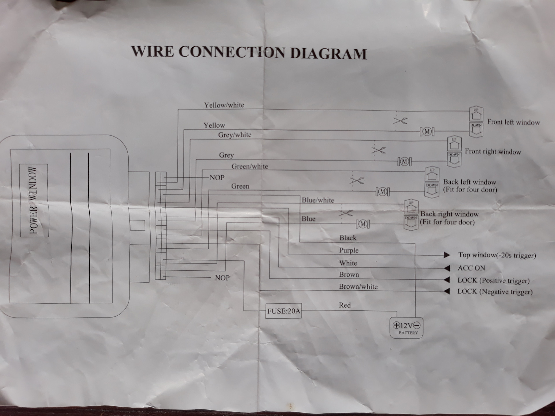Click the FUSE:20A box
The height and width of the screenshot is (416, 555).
pyautogui.click(x=284, y=311)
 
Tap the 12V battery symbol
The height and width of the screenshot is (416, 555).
pyautogui.click(x=406, y=328)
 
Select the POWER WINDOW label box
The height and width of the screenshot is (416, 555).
pyautogui.click(x=34, y=200)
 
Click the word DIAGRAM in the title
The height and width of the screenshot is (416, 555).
pyautogui.click(x=328, y=54)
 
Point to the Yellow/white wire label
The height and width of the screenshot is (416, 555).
pyautogui.click(x=224, y=105)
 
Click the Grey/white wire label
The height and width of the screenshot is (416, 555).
pyautogui.click(x=235, y=135)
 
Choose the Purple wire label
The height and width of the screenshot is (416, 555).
pyautogui.click(x=349, y=250)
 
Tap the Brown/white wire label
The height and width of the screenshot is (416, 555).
pyautogui.click(x=358, y=287)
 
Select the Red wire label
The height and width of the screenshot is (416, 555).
pyautogui.click(x=345, y=305)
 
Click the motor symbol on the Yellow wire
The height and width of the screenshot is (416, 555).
pyautogui.click(x=427, y=132)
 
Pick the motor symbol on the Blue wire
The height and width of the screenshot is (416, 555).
pyautogui.click(x=363, y=224)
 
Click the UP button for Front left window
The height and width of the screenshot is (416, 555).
pyautogui.click(x=476, y=114)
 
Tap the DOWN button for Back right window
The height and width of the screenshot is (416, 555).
pyautogui.click(x=411, y=222)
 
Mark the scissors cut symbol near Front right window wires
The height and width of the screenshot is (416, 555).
pyautogui.click(x=378, y=150)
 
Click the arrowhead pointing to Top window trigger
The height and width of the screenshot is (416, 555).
pyautogui.click(x=447, y=255)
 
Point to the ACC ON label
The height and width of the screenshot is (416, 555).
pyautogui.click(x=471, y=268)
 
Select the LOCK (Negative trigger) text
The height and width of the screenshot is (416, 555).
pyautogui.click(x=495, y=291)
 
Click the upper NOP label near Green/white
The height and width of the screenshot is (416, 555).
pyautogui.click(x=217, y=178)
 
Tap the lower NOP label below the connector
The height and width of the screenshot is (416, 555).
pyautogui.click(x=222, y=278)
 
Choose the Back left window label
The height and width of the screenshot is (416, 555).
pyautogui.click(x=469, y=182)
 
